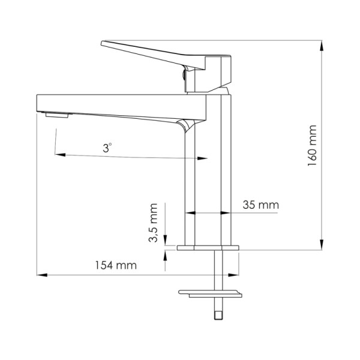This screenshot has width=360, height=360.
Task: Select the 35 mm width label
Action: click(261, 205)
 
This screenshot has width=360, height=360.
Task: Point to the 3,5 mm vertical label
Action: click(154, 223)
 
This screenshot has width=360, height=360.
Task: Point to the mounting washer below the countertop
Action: click(210, 293)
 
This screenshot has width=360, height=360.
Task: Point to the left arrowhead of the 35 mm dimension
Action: click(191, 212)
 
